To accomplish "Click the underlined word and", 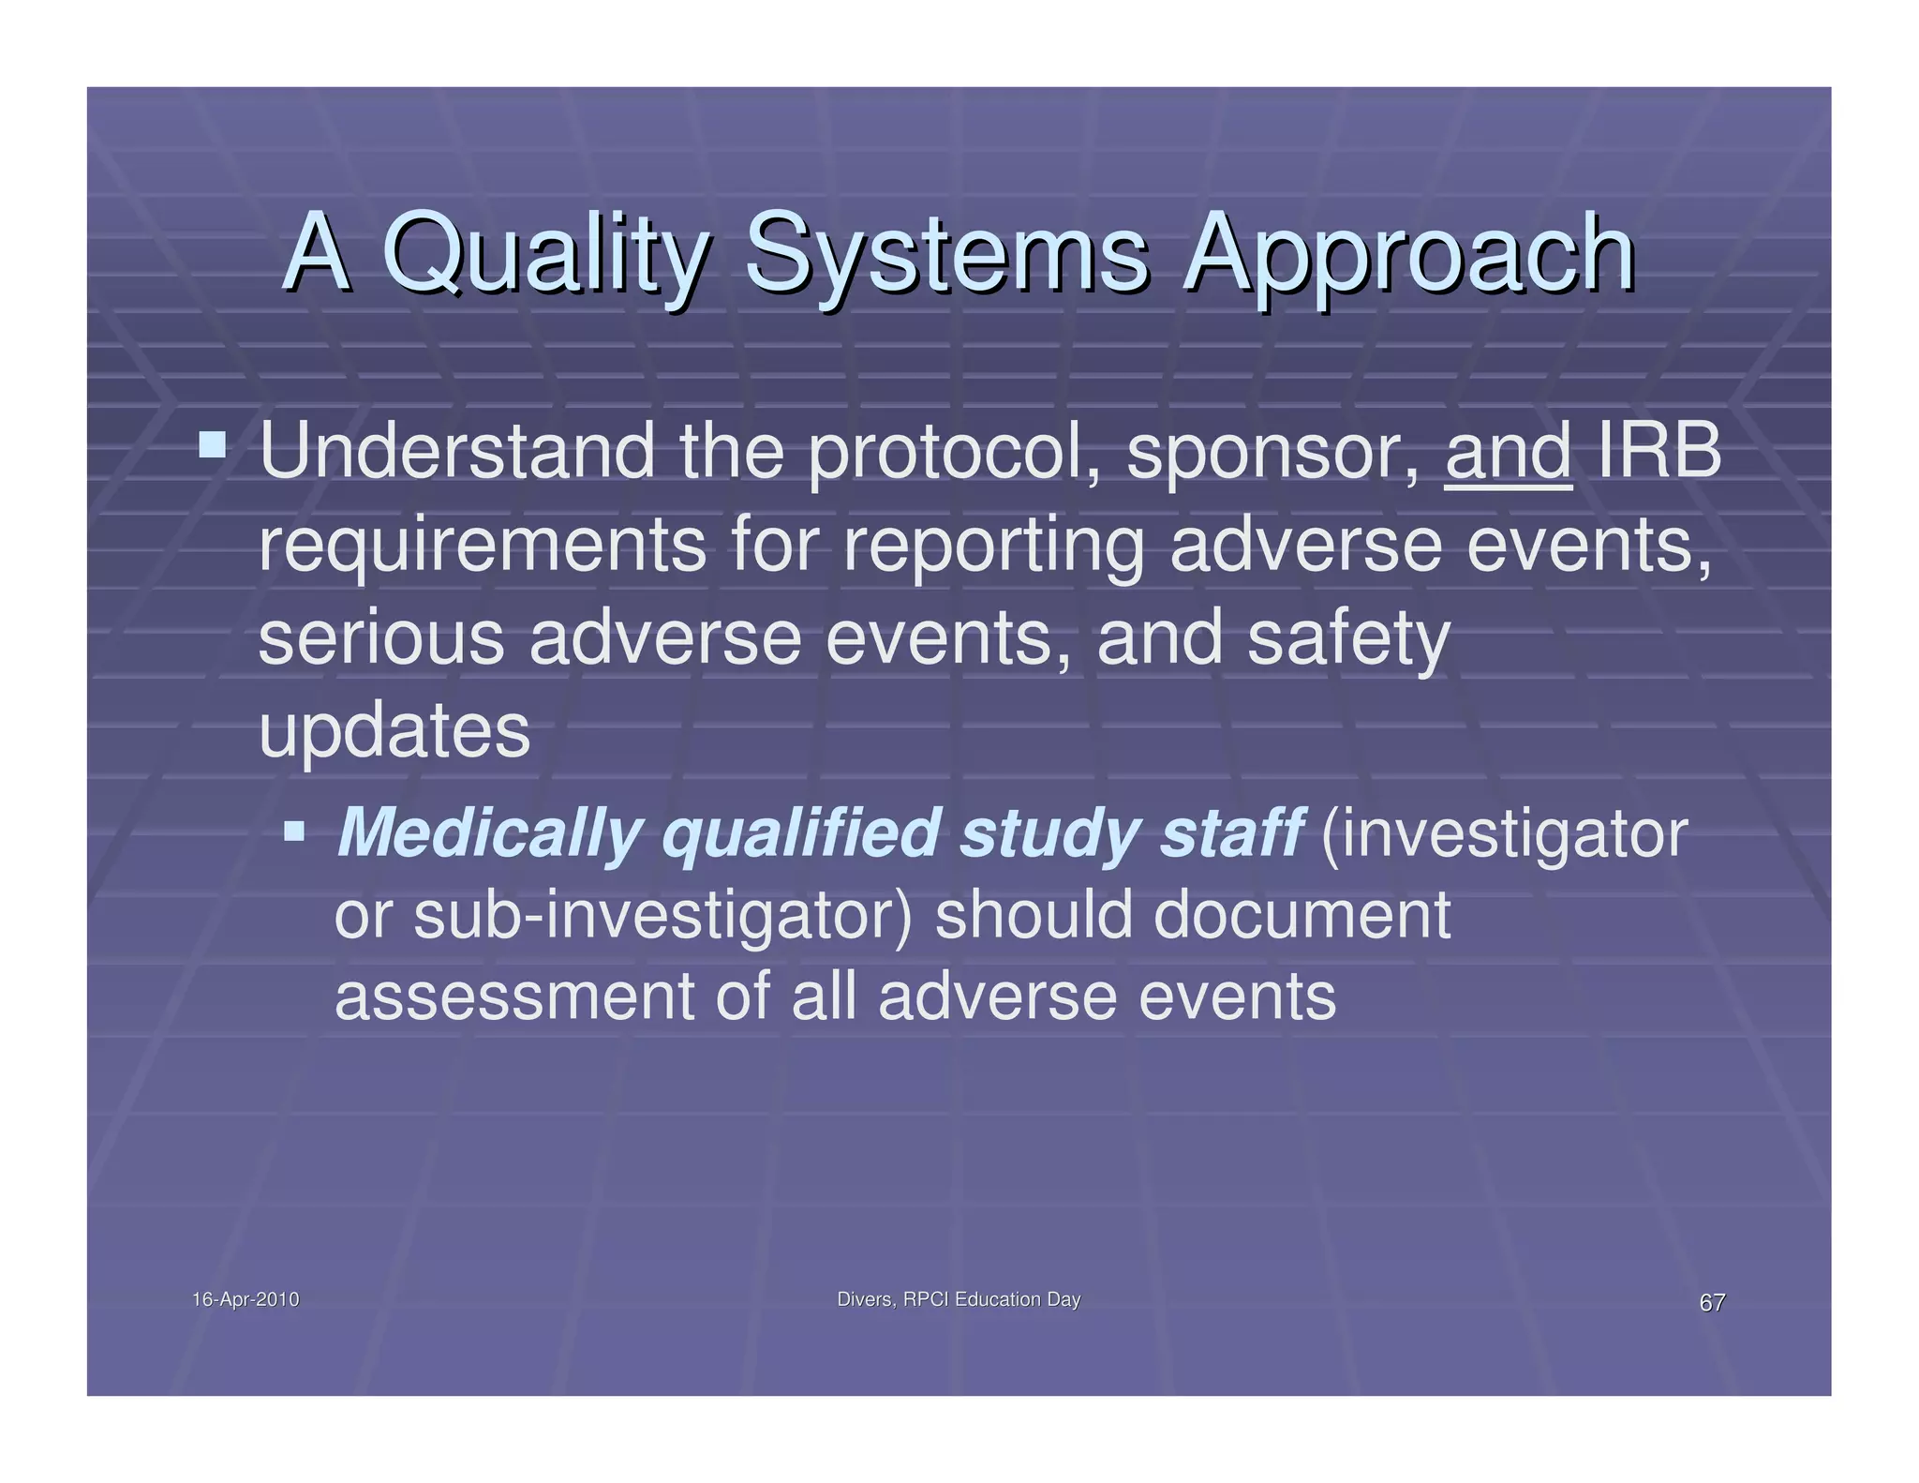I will click(1508, 452).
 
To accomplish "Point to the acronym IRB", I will click(1659, 452).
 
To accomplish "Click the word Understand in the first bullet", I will click(456, 452).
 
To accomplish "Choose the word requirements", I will click(482, 547).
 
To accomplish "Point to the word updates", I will click(394, 732).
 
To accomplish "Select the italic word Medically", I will click(488, 833).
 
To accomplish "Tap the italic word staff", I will click(1231, 831).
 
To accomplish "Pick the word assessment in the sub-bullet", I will click(513, 996).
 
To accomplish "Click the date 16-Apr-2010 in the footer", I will click(245, 1299).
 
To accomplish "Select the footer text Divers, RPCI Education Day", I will click(958, 1299).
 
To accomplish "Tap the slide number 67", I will click(1712, 1302).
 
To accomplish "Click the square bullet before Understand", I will click(213, 444).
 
